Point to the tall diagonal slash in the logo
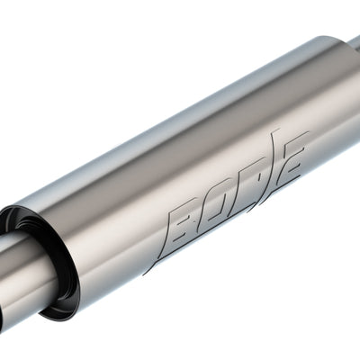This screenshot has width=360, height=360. (x=275, y=162)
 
